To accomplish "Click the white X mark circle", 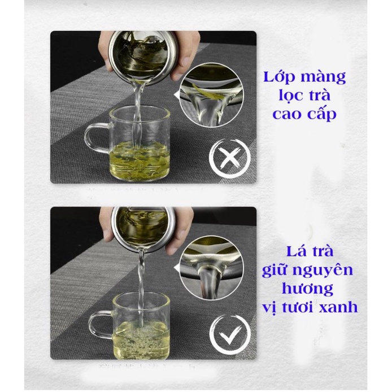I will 229,159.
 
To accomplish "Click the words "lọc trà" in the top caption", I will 304,95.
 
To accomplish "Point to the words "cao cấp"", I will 304,114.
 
